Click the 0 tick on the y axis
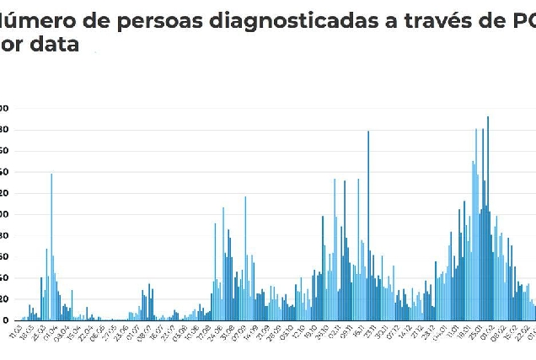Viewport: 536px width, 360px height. tap(4, 320)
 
